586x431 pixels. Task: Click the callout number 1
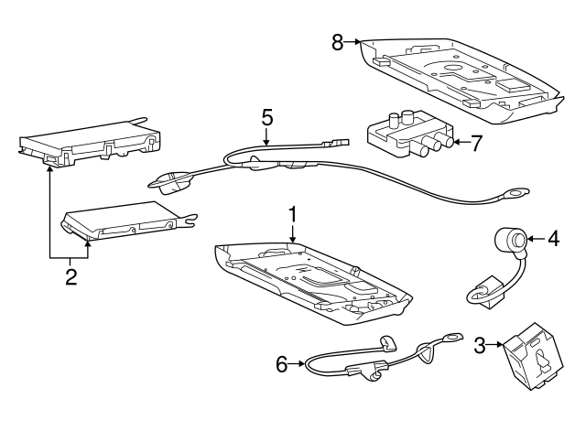click(x=293, y=214)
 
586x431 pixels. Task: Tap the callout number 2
click(x=71, y=276)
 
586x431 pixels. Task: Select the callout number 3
click(x=480, y=346)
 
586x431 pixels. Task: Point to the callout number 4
click(x=553, y=238)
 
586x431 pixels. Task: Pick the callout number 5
click(x=266, y=117)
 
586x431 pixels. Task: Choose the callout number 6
click(x=282, y=364)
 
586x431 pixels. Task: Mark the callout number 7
click(x=475, y=144)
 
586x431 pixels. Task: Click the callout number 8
click(x=338, y=42)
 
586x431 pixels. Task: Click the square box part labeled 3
click(x=532, y=356)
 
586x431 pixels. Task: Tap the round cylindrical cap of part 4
click(x=511, y=239)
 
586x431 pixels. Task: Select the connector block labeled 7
click(x=410, y=133)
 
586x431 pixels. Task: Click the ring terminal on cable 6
click(x=451, y=338)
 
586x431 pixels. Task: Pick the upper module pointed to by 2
click(x=90, y=143)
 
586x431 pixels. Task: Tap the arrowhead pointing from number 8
click(x=357, y=42)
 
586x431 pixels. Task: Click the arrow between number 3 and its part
click(x=494, y=345)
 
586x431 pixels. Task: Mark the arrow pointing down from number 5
click(x=266, y=136)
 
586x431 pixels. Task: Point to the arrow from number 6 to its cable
click(x=297, y=363)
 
